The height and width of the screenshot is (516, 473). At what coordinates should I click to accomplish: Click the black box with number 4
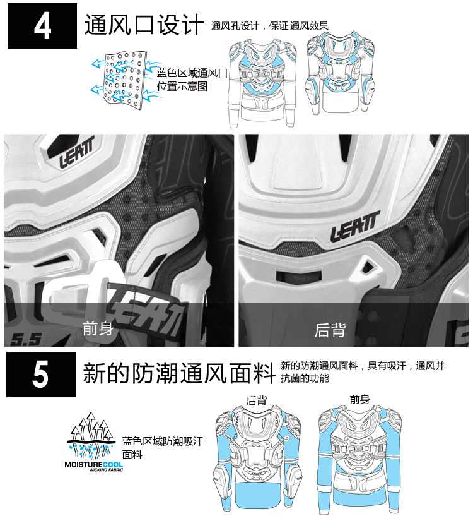click(x=42, y=26)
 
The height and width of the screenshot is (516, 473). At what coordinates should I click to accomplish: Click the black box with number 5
click(x=41, y=374)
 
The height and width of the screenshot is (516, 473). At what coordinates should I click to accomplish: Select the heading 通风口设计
click(x=144, y=25)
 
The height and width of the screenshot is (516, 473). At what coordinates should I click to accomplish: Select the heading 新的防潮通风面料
click(x=179, y=373)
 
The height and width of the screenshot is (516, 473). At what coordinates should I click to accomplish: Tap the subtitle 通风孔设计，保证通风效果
click(x=269, y=26)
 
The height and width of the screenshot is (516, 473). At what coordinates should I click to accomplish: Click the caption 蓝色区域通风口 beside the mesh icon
click(x=192, y=73)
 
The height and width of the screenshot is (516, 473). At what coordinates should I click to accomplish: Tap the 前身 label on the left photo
click(x=98, y=328)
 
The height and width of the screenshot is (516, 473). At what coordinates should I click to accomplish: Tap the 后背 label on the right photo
click(x=330, y=330)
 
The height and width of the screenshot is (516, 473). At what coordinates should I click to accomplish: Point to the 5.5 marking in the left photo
click(x=26, y=340)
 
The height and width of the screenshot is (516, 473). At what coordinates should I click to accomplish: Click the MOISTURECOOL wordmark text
click(x=94, y=465)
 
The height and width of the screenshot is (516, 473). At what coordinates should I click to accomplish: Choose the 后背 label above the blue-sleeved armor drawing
click(x=257, y=400)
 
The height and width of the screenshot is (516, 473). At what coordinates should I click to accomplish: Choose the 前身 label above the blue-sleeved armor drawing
click(x=360, y=400)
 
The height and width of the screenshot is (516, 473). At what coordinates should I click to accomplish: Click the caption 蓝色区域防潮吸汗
click(x=163, y=441)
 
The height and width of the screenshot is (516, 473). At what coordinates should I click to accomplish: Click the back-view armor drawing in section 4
click(x=341, y=73)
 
